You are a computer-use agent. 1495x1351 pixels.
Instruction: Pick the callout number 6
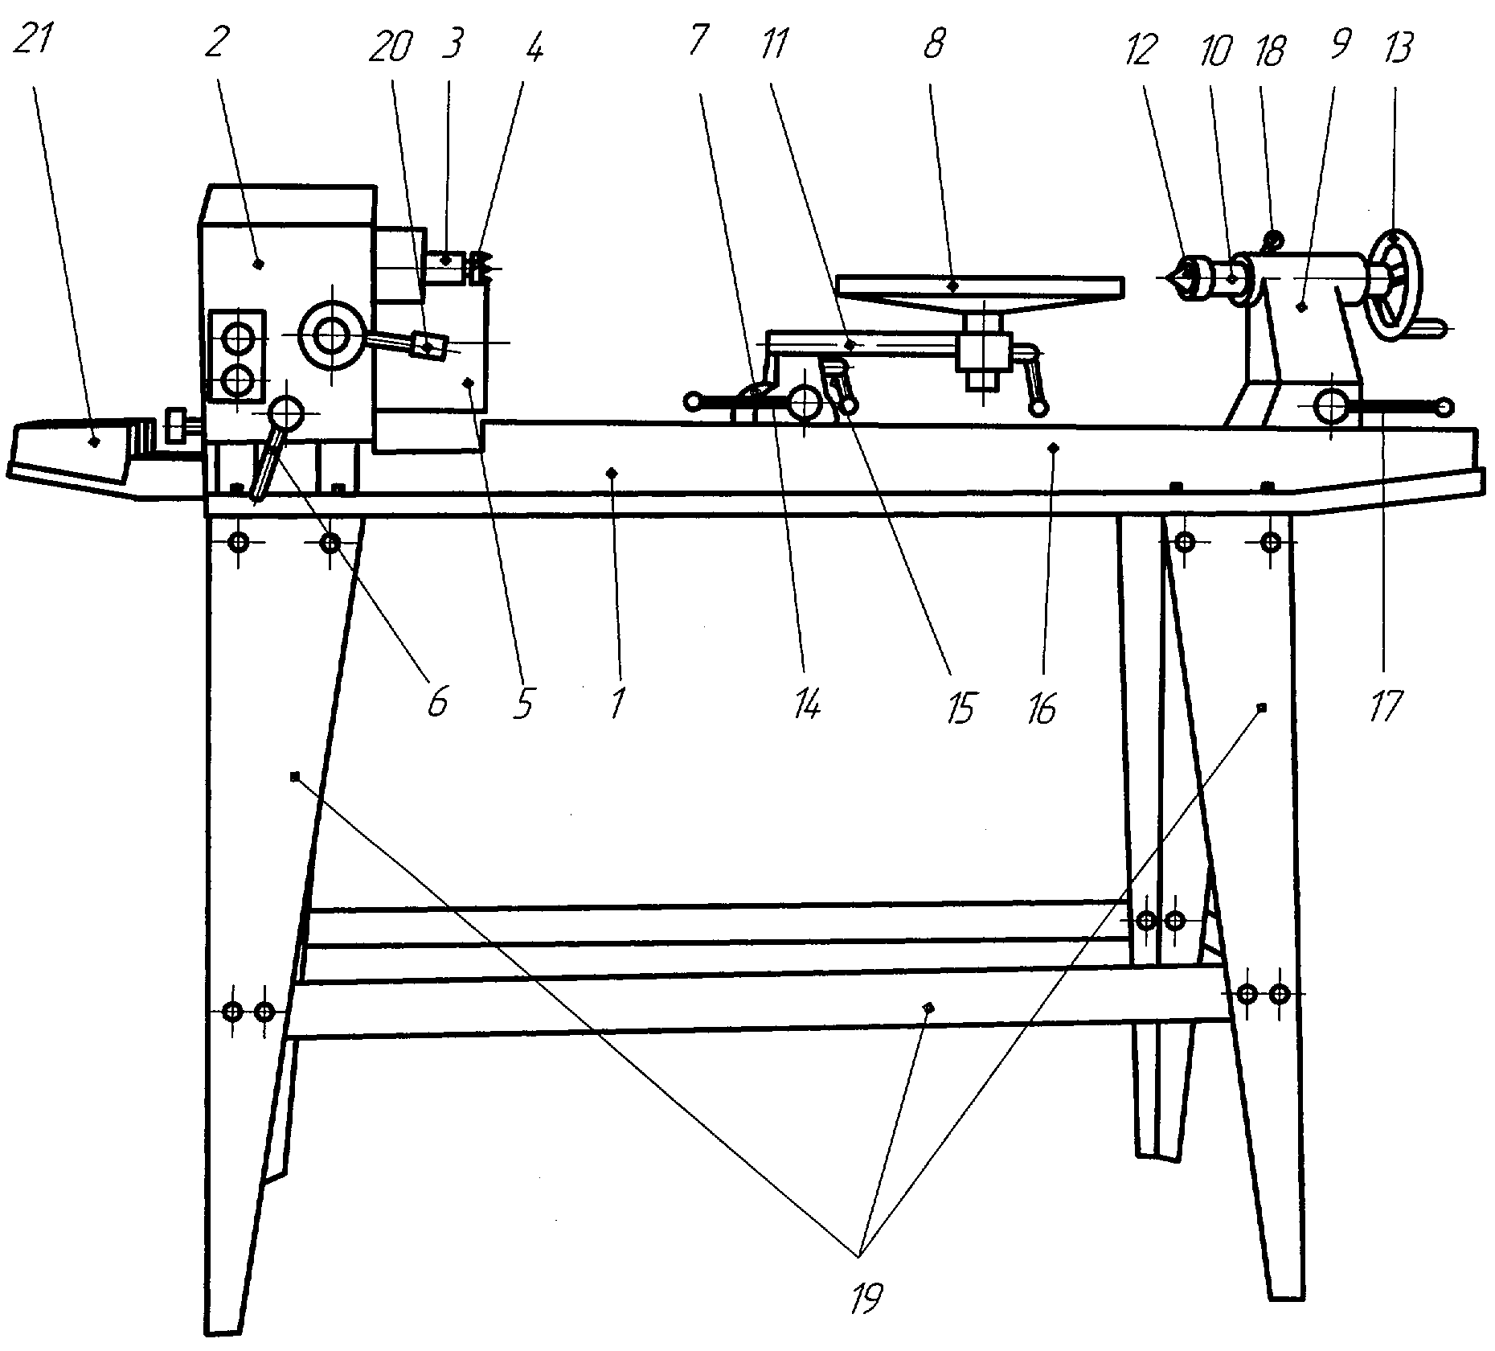[x=436, y=703]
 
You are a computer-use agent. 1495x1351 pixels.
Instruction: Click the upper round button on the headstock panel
[x=238, y=339]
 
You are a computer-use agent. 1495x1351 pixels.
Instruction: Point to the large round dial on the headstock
[x=329, y=339]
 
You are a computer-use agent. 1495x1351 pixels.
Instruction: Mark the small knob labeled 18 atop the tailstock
[x=1272, y=239]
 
